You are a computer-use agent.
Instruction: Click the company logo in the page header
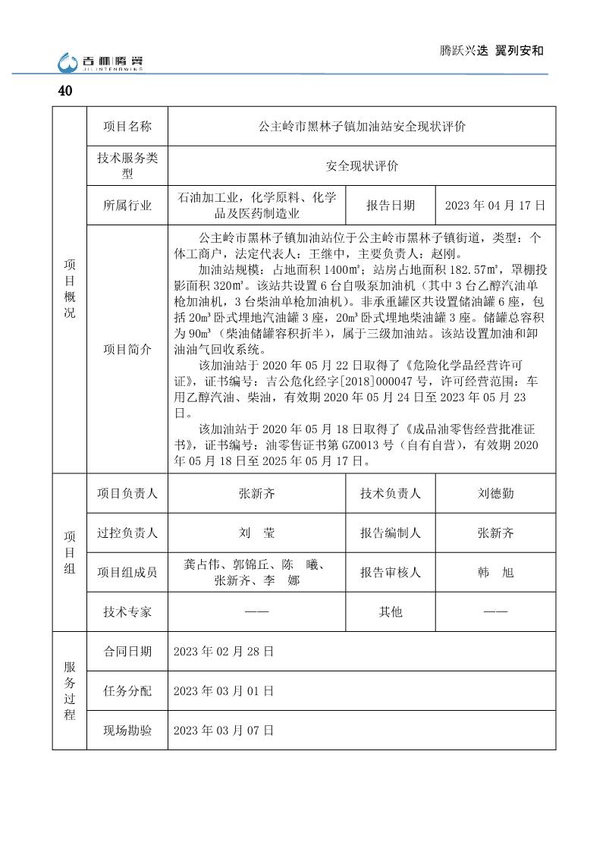[x=101, y=61]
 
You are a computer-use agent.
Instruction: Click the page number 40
[x=65, y=91]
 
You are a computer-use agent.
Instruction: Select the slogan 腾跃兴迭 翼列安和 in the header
[x=492, y=51]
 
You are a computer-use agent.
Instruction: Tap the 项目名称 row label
[x=127, y=126]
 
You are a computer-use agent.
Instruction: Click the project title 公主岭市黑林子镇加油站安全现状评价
[x=362, y=126]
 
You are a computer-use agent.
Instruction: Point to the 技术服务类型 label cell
[x=127, y=166]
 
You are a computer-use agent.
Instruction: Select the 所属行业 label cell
[x=127, y=206]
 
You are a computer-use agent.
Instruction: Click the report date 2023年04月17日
[x=495, y=206]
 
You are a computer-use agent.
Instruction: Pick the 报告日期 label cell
[x=391, y=206]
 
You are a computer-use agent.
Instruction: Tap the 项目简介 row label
[x=127, y=349]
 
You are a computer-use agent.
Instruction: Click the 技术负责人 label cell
[x=391, y=493]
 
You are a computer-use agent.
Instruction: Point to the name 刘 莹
[x=256, y=533]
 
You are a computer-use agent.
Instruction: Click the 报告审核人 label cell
[x=391, y=573]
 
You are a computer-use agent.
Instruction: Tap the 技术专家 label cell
[x=127, y=611]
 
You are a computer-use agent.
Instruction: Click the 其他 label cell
[x=391, y=611]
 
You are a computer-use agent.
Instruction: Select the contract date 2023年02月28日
[x=224, y=652]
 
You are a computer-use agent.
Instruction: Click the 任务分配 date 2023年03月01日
[x=224, y=691]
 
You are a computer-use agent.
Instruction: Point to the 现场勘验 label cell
[x=127, y=731]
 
